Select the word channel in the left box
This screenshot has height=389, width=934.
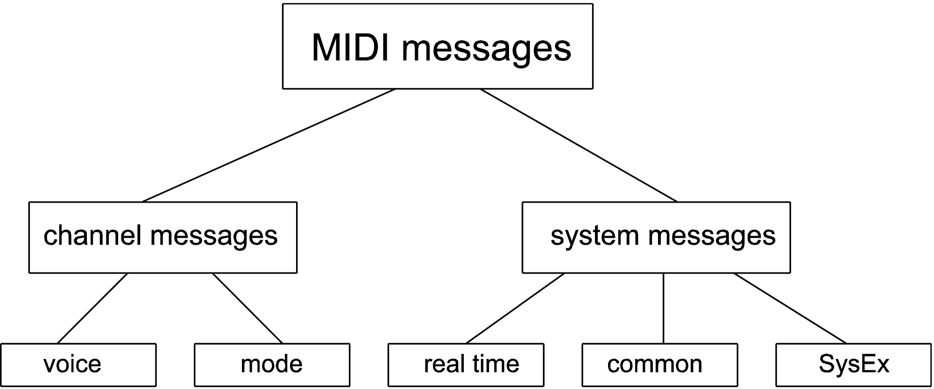[92, 235]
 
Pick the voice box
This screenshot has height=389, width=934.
[78, 365]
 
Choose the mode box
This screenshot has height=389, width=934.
[272, 365]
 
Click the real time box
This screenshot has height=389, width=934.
[466, 365]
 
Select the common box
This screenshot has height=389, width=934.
[660, 365]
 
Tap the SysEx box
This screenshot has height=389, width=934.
[854, 365]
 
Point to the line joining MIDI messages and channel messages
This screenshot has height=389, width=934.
[269, 145]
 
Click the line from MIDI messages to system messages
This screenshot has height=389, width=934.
[579, 145]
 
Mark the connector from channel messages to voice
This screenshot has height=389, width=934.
[92, 309]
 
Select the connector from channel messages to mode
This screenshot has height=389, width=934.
[248, 309]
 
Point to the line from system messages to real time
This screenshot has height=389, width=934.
[515, 309]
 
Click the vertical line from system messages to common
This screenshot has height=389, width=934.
[664, 309]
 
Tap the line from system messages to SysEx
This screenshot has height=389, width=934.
[790, 309]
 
